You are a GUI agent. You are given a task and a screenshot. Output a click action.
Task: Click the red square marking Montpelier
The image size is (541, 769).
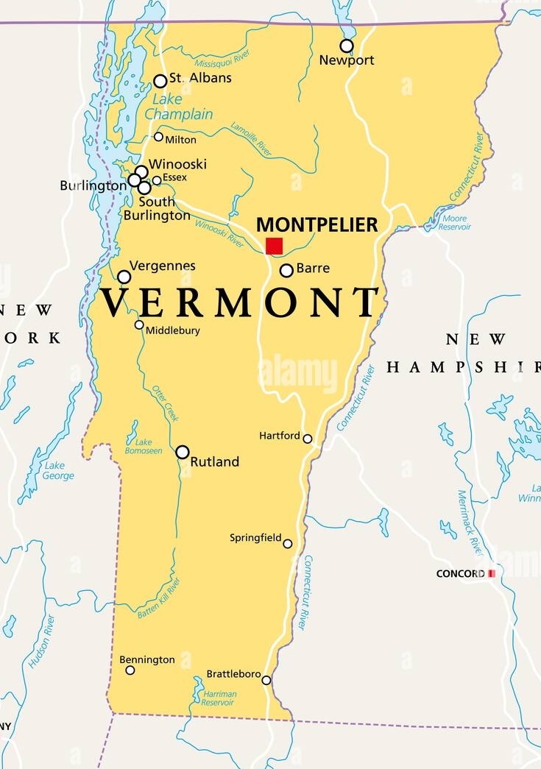point(275,246)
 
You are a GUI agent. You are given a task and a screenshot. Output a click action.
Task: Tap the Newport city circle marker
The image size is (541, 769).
point(347,46)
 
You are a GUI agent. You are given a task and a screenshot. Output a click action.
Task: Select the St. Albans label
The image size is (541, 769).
point(200,78)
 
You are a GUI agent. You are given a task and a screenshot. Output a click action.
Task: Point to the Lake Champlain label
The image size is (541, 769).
point(179,107)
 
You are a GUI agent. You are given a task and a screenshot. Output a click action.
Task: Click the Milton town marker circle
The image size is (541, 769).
point(158,137)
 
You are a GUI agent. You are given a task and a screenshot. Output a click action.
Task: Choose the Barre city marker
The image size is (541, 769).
point(286,270)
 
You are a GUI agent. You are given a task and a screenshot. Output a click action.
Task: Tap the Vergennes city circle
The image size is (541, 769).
point(124,277)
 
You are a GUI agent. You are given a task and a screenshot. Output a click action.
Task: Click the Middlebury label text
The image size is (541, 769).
point(172,330)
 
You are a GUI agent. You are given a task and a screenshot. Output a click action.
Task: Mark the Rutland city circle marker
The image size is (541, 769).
point(183,452)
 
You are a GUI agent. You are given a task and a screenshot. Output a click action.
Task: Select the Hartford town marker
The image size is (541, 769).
point(308,439)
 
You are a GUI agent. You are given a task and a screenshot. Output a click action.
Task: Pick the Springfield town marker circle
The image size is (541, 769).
point(288,544)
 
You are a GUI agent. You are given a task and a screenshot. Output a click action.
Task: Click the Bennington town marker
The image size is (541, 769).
point(130,670)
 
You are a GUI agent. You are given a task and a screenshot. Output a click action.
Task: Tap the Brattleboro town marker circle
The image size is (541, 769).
point(266,680)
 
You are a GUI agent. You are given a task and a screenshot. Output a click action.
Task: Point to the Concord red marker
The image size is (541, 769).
point(492,573)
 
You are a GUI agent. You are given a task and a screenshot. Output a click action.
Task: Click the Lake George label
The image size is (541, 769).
point(58,471)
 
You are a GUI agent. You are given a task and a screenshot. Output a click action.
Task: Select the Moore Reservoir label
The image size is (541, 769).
point(454,223)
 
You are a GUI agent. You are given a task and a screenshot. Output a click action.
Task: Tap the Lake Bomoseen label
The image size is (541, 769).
point(143,447)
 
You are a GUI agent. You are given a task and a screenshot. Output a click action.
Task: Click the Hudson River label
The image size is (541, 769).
point(43,641)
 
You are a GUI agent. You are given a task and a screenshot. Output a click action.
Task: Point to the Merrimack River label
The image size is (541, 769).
point(471,523)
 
